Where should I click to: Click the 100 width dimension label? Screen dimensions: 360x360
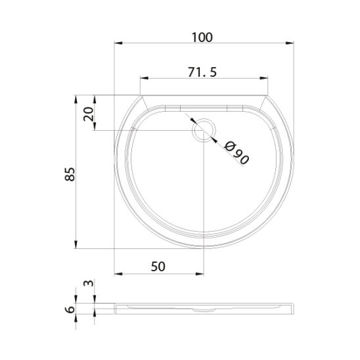pos(202,37)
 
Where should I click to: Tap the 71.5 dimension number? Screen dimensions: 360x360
pos(202,72)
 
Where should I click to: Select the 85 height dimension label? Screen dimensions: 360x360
pos(70,174)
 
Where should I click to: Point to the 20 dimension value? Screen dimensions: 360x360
pos(89,114)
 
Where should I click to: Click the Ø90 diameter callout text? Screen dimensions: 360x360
pos(236,153)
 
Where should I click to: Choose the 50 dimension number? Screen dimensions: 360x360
pos(158,267)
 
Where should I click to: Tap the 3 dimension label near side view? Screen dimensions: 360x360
pos(89,283)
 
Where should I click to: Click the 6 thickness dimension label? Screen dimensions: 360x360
pos(70,309)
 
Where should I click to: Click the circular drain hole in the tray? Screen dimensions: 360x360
pos(204,130)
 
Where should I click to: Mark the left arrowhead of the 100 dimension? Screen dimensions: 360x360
pos(118,43)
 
